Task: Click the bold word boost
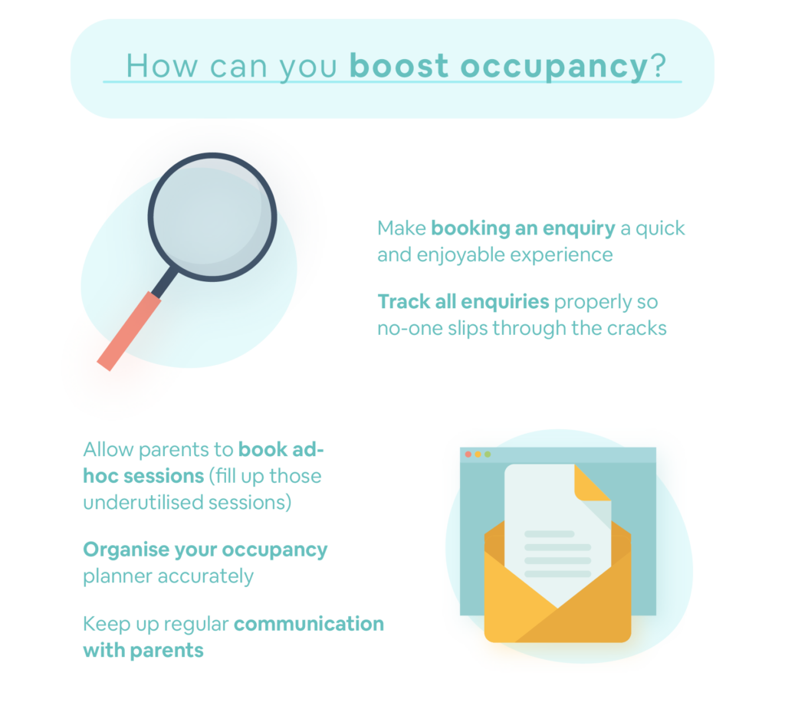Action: click(399, 67)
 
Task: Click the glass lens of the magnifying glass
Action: click(212, 217)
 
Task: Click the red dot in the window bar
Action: click(468, 454)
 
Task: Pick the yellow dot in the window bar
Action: click(478, 454)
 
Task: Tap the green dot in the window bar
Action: click(488, 454)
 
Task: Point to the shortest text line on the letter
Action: click(549, 533)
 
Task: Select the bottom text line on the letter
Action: click(557, 573)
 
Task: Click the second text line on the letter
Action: click(557, 547)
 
